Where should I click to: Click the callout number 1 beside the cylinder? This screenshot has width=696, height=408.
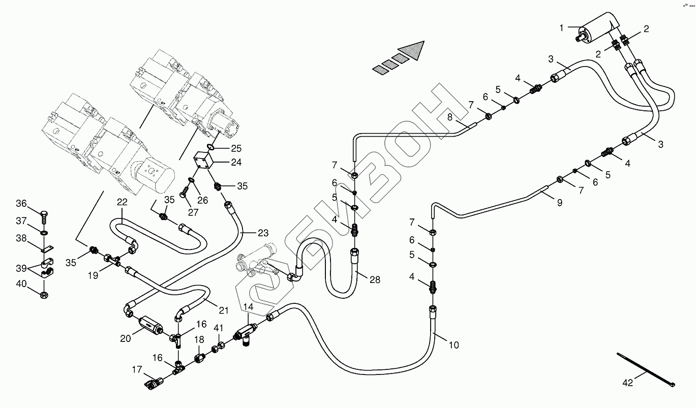tap(561, 28)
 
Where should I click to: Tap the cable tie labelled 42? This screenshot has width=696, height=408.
tap(646, 370)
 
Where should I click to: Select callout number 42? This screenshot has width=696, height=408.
tap(628, 383)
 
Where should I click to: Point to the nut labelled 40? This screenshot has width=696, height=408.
tap(44, 295)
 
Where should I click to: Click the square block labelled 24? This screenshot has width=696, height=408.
tap(202, 161)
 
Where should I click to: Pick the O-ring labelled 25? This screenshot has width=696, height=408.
tap(210, 146)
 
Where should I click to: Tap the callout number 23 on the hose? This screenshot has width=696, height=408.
tap(263, 233)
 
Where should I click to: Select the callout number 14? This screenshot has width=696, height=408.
tap(248, 307)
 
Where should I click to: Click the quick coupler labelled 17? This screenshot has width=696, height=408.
tap(153, 384)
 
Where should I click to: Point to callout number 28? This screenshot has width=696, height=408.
tap(375, 280)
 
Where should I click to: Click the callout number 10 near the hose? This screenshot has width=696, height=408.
tap(453, 345)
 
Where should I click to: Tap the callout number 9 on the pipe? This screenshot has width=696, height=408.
tap(560, 203)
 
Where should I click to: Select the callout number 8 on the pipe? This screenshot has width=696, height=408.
tap(450, 117)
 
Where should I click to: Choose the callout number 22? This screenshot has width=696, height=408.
tap(122, 202)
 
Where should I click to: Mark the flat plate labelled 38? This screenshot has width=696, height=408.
tap(47, 249)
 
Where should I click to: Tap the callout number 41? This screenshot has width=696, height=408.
tap(219, 328)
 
